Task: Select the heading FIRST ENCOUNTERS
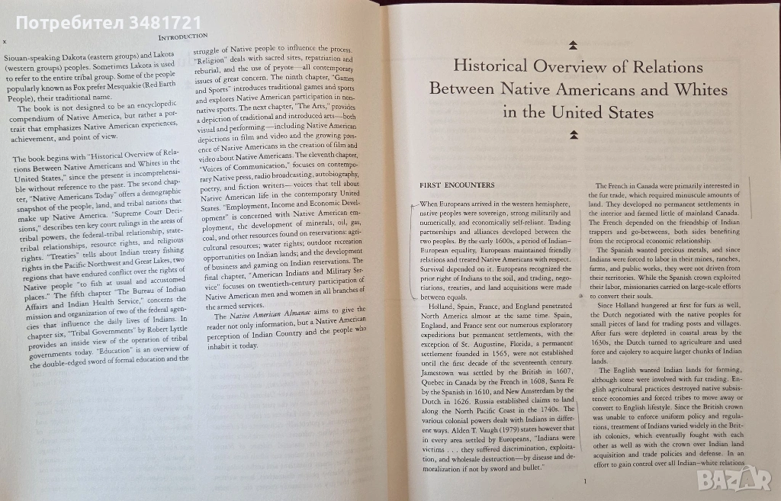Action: point(457,185)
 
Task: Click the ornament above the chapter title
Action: point(575,45)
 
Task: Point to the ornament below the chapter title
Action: point(575,135)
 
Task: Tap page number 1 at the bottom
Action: point(583,481)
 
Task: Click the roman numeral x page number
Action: point(6,42)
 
